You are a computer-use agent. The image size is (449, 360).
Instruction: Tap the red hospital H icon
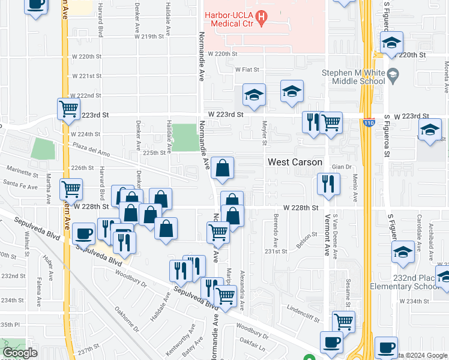coord(261,18)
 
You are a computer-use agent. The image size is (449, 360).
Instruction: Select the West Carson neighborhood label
coord(295,162)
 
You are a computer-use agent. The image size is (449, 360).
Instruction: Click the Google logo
coord(20,353)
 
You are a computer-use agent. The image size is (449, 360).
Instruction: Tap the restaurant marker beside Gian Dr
coord(328,184)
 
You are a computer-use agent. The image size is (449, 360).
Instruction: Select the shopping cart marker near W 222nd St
coord(69,109)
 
